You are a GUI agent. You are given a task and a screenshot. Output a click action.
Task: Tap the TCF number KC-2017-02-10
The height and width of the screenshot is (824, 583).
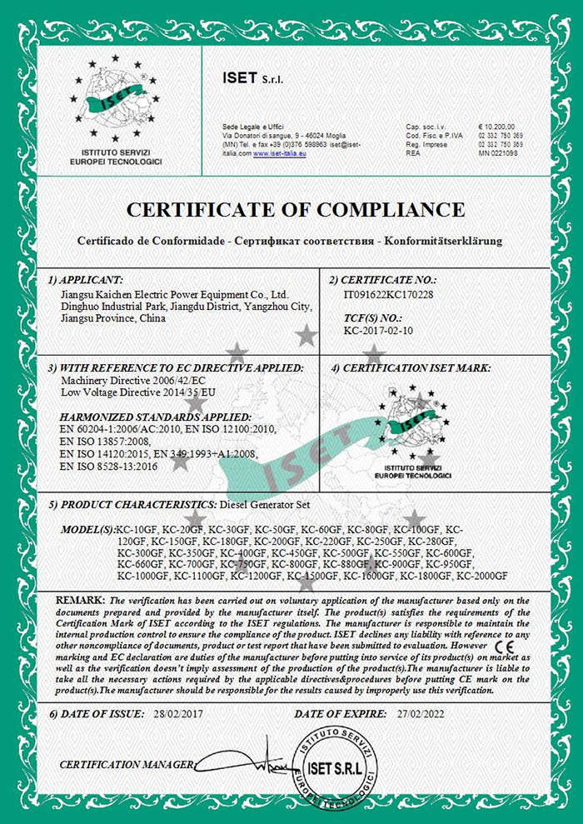pos(379,330)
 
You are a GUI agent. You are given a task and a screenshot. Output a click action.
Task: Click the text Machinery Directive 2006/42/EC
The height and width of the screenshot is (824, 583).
pos(122,379)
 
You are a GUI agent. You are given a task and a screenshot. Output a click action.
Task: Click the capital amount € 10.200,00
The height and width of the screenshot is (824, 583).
pos(498,125)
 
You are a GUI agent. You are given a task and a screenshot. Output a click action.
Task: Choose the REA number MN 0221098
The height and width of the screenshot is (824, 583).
pos(498,153)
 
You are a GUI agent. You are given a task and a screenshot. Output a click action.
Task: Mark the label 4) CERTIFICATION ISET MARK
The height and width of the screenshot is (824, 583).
pos(411,367)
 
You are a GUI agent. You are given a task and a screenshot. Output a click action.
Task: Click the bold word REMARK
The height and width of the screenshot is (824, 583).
pos(80,600)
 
